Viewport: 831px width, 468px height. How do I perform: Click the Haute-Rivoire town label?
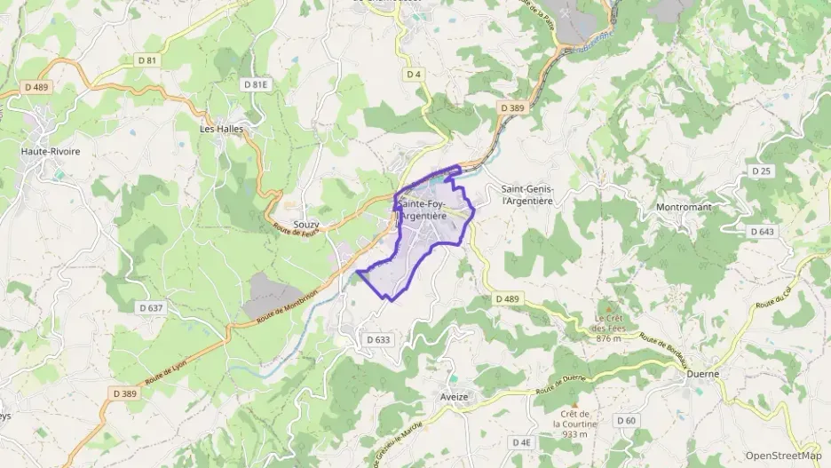click(x=51, y=151)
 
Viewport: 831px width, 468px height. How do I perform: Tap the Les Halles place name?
click(x=221, y=128)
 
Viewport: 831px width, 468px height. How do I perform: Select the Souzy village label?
click(x=305, y=225)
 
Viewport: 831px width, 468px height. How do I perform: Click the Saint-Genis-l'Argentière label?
click(x=527, y=194)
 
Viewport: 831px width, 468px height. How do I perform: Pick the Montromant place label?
click(x=684, y=207)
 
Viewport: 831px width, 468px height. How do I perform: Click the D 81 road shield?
click(x=147, y=60)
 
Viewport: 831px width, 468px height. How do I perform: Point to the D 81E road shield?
click(x=255, y=83)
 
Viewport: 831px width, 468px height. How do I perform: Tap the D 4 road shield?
click(x=414, y=74)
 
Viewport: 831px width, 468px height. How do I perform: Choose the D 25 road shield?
click(x=762, y=171)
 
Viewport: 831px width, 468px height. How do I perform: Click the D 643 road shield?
click(x=762, y=231)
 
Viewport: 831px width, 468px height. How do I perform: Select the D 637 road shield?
click(x=151, y=307)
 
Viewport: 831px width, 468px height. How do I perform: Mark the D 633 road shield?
click(x=378, y=339)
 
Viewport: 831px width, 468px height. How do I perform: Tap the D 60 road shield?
click(x=626, y=420)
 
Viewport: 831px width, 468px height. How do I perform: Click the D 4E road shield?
click(x=521, y=441)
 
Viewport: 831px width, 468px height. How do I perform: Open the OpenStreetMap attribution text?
click(x=783, y=455)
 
